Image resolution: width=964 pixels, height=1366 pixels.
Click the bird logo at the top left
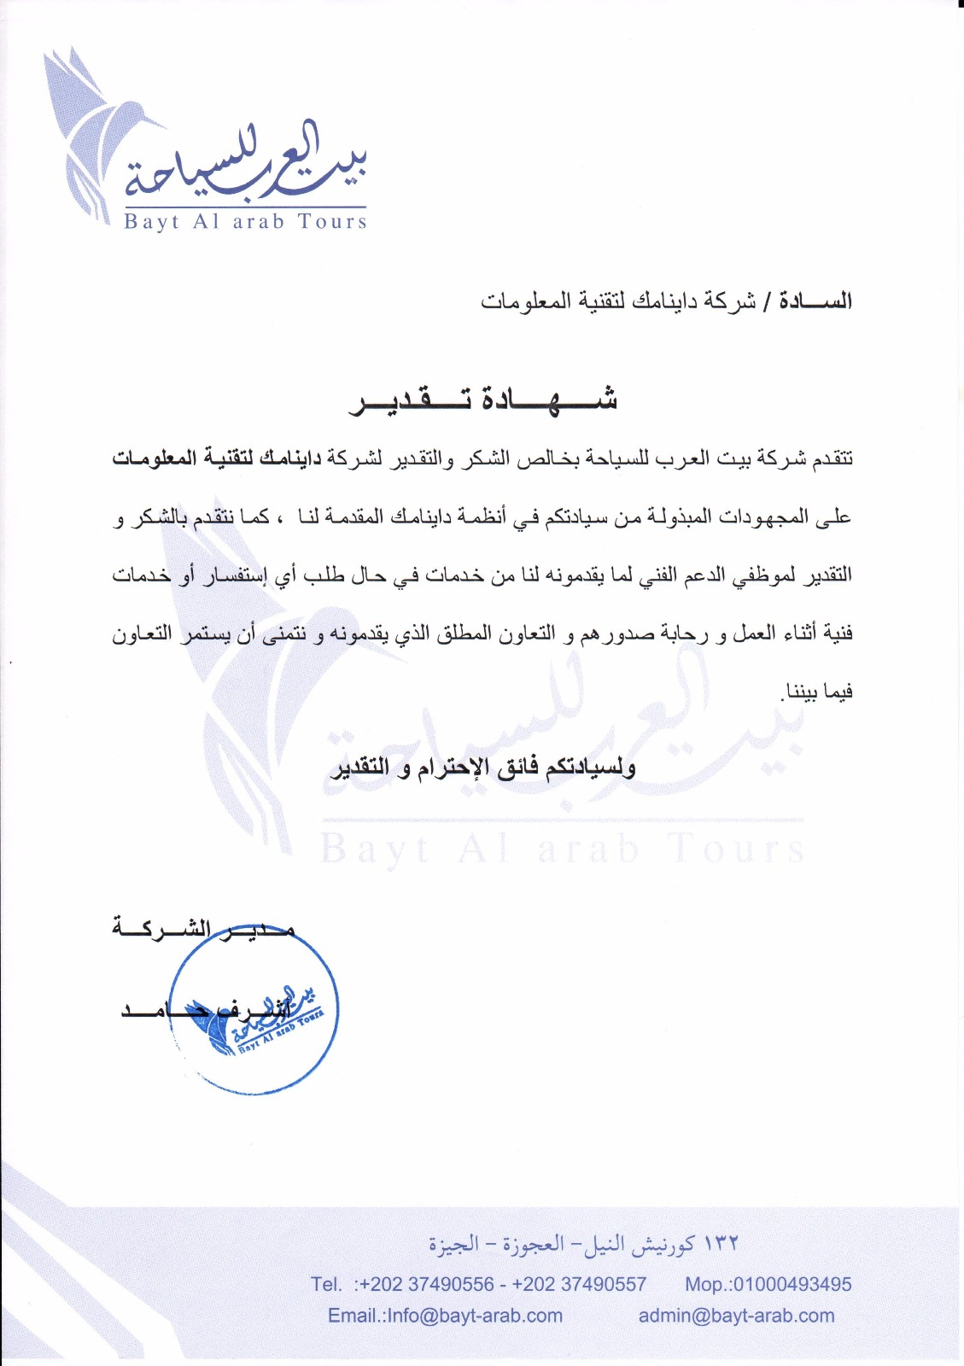[x=94, y=128]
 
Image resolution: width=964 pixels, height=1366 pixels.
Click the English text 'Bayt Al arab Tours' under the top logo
[x=245, y=222]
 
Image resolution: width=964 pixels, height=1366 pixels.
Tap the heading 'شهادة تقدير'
[x=483, y=400]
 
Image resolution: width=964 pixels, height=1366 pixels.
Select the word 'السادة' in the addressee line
[x=817, y=301]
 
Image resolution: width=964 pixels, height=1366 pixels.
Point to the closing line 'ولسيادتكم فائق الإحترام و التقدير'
[x=483, y=767]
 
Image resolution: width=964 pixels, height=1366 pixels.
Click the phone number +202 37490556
[x=427, y=1284]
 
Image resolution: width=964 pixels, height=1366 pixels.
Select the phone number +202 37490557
[x=580, y=1284]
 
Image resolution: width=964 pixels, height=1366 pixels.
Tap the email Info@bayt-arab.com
[x=475, y=1316]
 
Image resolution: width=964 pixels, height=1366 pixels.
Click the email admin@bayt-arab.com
[x=736, y=1316]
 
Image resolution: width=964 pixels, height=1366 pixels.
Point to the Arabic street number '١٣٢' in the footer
[x=721, y=1244]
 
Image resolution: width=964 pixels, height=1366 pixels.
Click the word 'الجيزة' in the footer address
[x=453, y=1244]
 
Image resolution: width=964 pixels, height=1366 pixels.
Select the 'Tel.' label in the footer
[x=327, y=1284]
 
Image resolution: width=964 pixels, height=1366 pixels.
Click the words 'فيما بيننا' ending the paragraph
[x=818, y=692]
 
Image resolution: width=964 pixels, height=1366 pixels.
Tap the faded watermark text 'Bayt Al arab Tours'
[x=562, y=849]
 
